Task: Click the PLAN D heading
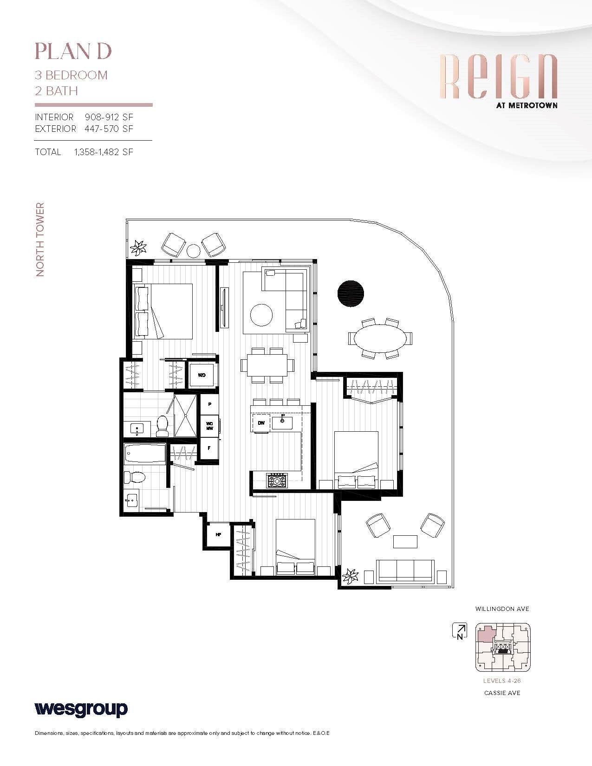tap(73, 52)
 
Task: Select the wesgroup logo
tap(81, 709)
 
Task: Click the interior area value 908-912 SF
tap(109, 117)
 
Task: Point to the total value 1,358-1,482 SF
tap(104, 152)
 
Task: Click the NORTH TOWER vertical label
tap(40, 240)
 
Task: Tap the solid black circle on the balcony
tap(351, 294)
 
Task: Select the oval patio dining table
tap(380, 338)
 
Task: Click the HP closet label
tap(218, 535)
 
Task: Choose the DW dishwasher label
tap(261, 423)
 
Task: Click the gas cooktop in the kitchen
tap(277, 480)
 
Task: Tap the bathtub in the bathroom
tap(145, 454)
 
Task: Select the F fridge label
tap(209, 448)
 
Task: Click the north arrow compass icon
tap(460, 630)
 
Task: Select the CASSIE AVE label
tap(502, 693)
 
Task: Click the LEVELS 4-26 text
tap(502, 681)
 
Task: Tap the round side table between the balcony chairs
tap(193, 251)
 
